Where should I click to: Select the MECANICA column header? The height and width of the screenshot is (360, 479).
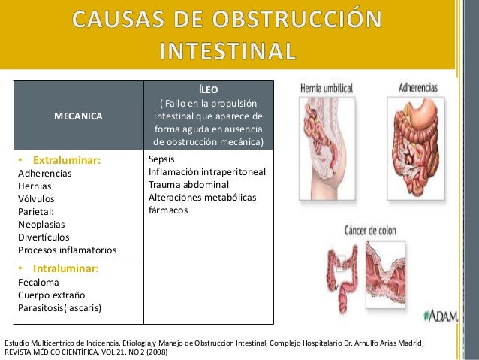coord(79,116)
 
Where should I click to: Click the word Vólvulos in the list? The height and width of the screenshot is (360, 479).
coord(36,199)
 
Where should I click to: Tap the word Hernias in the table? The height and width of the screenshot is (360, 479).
coord(35,186)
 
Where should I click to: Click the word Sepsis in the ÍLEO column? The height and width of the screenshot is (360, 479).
coord(162,160)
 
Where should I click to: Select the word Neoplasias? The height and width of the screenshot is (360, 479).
coord(41,224)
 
